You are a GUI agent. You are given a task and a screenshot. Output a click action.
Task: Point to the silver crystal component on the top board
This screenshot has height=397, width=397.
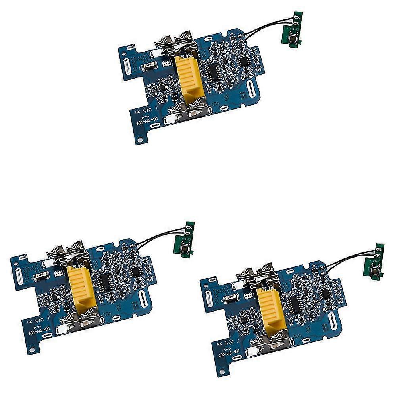point(149,65)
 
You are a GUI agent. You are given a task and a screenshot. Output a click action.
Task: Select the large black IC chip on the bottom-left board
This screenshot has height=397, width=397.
point(104,281)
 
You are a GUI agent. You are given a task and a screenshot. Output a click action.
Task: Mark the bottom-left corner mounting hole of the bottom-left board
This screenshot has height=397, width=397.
point(29,351)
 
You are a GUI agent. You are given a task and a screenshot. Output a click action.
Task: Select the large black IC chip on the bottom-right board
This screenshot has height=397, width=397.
point(294,304)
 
